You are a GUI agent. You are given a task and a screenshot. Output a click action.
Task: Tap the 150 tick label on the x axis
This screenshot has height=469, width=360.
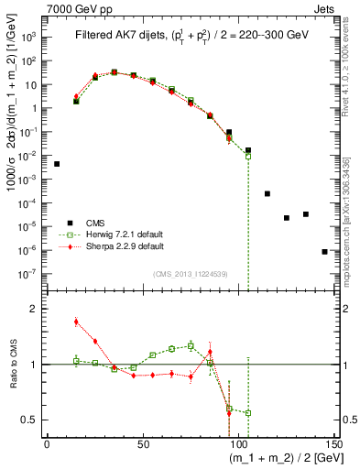[x=334, y=444]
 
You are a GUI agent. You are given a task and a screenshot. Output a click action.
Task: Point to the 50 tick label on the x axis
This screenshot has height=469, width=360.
[x=144, y=444]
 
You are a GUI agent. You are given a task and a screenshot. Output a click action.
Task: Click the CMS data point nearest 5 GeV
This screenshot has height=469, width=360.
[x=57, y=164]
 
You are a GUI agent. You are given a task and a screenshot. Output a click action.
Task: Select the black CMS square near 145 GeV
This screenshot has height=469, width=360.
[x=324, y=251]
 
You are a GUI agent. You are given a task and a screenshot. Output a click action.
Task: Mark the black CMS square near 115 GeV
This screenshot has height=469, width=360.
[x=267, y=193]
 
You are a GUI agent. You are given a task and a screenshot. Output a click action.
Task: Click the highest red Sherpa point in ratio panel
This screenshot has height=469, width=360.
[x=76, y=322]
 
